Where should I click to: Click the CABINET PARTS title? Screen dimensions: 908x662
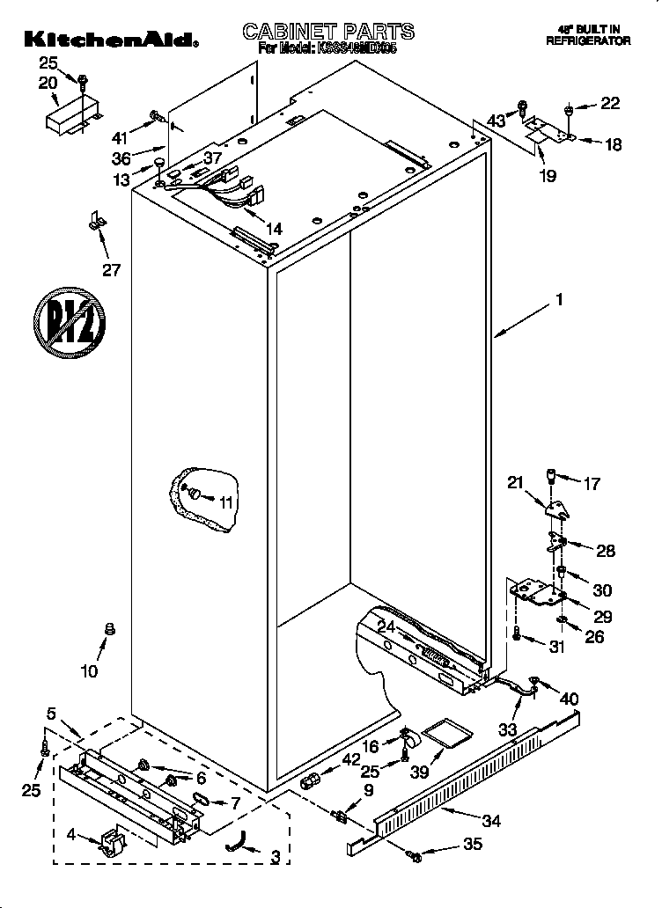pyautogui.click(x=328, y=32)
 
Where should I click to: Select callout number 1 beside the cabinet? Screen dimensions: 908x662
pyautogui.click(x=558, y=300)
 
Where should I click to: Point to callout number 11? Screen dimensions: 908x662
pyautogui.click(x=227, y=503)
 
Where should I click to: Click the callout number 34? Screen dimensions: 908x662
pyautogui.click(x=491, y=822)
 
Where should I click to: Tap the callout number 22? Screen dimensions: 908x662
pyautogui.click(x=609, y=104)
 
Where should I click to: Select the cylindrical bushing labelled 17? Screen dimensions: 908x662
pyautogui.click(x=552, y=478)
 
